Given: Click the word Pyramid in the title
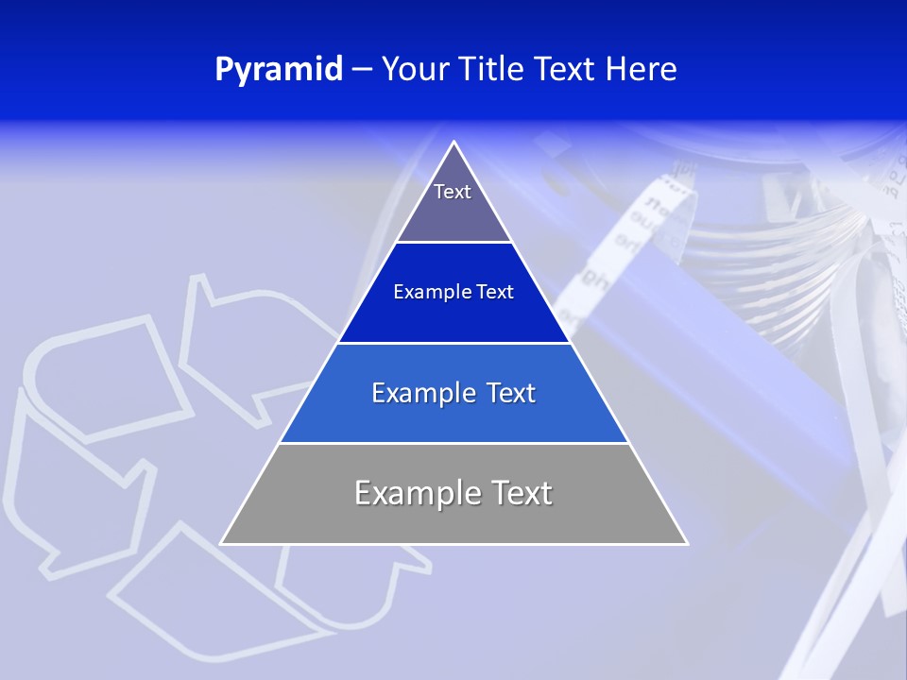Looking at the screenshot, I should (x=279, y=70).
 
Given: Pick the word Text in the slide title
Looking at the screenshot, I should (x=566, y=69).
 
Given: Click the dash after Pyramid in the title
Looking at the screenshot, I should (x=362, y=70).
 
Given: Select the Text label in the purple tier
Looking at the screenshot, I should (x=453, y=192).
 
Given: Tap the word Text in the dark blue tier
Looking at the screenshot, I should (x=495, y=293).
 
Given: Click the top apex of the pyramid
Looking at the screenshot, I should (x=454, y=143).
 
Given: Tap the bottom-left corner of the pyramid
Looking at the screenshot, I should (x=222, y=543).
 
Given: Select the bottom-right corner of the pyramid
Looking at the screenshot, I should (x=687, y=543).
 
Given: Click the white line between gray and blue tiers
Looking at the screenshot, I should (x=454, y=443).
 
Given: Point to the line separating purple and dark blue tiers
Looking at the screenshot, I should (x=454, y=242).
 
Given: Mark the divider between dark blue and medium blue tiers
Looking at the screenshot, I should (x=454, y=343).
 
